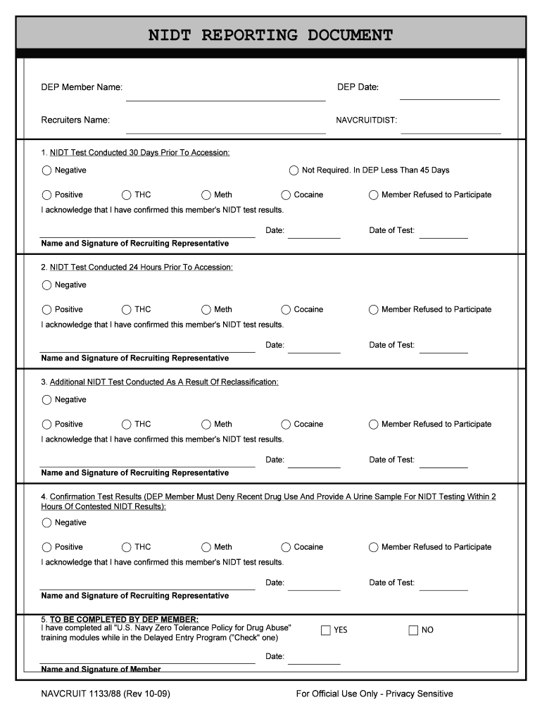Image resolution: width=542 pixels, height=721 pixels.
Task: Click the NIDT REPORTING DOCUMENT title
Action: (x=270, y=35)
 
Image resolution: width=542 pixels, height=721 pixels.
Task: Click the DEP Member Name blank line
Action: (x=225, y=99)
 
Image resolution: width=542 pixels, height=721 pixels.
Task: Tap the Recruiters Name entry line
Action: (x=225, y=132)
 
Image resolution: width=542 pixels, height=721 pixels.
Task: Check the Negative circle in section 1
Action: (x=47, y=170)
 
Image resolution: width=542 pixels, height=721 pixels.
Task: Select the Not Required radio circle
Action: (x=294, y=170)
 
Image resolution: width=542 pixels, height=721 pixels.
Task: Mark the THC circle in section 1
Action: (x=127, y=195)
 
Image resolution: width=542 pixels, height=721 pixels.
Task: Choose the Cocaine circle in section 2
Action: (x=286, y=310)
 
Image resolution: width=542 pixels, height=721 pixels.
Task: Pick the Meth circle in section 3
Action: (x=206, y=425)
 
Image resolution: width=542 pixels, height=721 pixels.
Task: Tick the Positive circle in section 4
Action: (x=47, y=547)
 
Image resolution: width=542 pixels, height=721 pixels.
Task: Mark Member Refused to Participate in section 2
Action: (x=374, y=310)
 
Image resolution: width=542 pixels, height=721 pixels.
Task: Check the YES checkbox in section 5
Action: (x=326, y=630)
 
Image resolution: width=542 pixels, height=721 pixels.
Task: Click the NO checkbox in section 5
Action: (x=413, y=630)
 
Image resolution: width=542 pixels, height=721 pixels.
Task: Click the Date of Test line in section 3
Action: (x=443, y=466)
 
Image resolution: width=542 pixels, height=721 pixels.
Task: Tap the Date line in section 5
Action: (x=314, y=663)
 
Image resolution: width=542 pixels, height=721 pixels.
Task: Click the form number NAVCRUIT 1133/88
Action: (x=106, y=694)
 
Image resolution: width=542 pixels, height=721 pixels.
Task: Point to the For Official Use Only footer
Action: (x=374, y=694)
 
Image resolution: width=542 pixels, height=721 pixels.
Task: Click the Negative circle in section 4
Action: (x=47, y=523)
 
